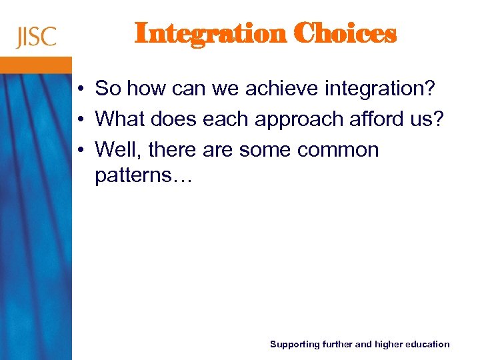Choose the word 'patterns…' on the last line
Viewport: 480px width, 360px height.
[143, 176]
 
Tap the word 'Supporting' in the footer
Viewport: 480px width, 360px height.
[294, 345]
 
